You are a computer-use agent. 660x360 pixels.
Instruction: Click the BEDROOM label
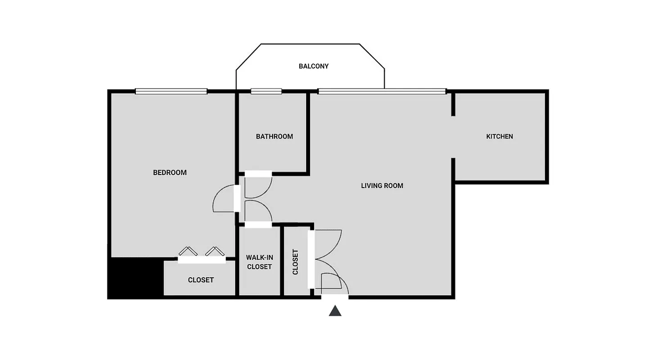pyautogui.click(x=170, y=172)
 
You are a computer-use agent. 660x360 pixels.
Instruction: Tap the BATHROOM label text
pyautogui.click(x=274, y=136)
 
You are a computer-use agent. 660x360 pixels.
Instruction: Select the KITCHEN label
pyautogui.click(x=499, y=136)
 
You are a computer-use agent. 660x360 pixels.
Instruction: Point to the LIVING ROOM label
pyautogui.click(x=382, y=185)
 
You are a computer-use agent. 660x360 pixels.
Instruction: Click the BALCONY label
pyautogui.click(x=314, y=66)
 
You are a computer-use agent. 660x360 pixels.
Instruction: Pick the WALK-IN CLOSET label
pyautogui.click(x=259, y=262)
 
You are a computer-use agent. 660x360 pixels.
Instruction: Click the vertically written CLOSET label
pyautogui.click(x=296, y=262)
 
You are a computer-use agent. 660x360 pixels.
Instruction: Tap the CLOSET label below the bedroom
pyautogui.click(x=201, y=280)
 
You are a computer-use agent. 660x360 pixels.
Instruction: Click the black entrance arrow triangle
pyautogui.click(x=335, y=311)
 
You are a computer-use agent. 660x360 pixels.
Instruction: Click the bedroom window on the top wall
pyautogui.click(x=171, y=91)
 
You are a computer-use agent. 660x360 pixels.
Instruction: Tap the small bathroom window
pyautogui.click(x=266, y=91)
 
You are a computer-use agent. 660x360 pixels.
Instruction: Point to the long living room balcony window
pyautogui.click(x=382, y=91)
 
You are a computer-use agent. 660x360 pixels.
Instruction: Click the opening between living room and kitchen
pyautogui.click(x=453, y=137)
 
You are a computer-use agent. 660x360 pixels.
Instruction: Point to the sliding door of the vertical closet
pyautogui.click(x=310, y=259)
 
